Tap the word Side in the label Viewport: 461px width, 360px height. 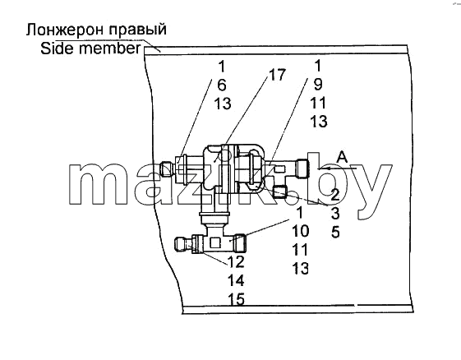point(57,48)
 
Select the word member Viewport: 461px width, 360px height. point(110,48)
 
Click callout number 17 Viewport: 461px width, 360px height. point(277,75)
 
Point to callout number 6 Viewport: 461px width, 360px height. point(222,85)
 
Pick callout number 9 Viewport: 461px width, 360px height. point(318,85)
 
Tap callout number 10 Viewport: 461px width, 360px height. point(300,231)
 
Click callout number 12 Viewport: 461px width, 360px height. point(236,261)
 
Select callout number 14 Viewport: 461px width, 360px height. point(236,280)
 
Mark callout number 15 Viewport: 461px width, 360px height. point(236,299)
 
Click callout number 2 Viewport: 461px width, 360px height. point(335,195)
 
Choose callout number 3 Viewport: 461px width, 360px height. point(335,214)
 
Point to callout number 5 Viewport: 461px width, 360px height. point(335,233)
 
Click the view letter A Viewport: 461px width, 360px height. point(342,157)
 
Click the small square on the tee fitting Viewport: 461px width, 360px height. point(215,242)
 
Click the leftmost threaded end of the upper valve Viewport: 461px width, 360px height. point(167,169)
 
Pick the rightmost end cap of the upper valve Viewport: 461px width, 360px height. point(303,168)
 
